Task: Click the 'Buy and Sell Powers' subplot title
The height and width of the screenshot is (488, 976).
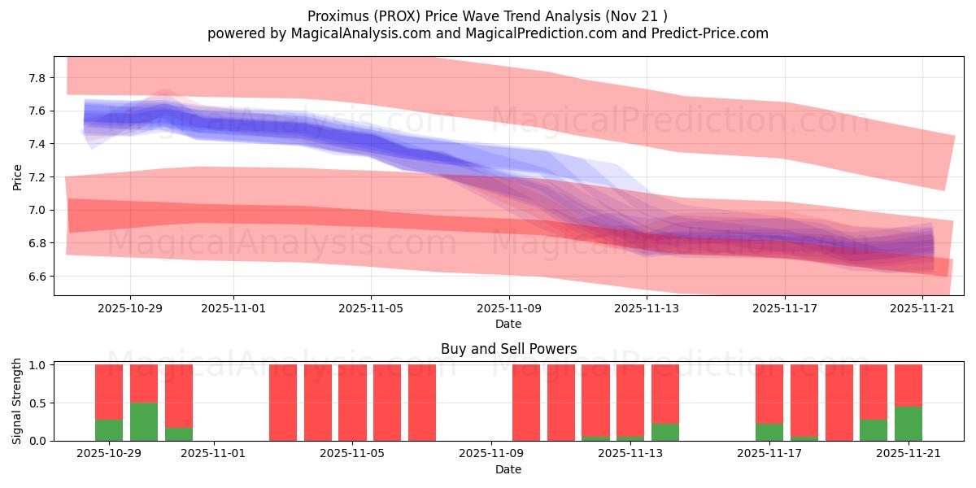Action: click(508, 349)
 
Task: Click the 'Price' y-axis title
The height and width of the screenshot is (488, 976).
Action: click(18, 176)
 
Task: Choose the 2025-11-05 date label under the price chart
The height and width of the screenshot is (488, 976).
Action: click(371, 309)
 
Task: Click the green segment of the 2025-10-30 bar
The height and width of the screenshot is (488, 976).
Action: click(144, 421)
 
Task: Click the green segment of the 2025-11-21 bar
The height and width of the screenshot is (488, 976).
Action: click(908, 424)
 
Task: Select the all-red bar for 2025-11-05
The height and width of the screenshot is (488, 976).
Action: click(353, 403)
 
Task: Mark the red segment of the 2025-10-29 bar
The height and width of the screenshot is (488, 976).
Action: click(109, 391)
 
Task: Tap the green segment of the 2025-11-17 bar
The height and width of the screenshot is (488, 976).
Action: click(769, 432)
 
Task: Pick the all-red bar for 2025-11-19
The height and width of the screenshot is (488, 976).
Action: click(839, 403)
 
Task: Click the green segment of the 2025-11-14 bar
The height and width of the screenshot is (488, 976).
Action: click(665, 432)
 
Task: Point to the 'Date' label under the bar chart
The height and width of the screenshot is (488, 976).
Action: click(508, 469)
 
